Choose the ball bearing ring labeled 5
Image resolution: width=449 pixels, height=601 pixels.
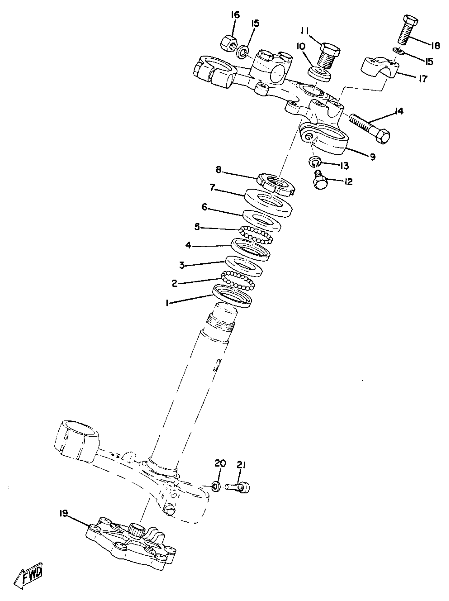pyautogui.click(x=255, y=234)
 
